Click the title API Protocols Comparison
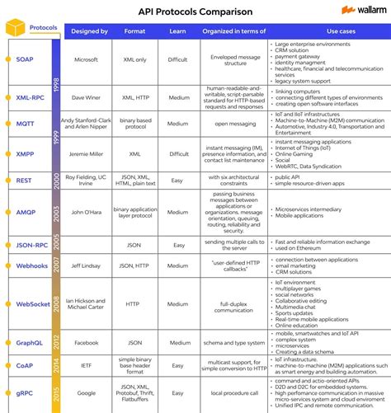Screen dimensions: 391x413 pos(195,11)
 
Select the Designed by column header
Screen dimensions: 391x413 pos(89,31)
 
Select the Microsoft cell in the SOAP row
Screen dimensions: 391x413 pos(89,60)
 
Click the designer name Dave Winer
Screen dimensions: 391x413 pos(89,97)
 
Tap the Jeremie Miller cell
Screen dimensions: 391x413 pos(89,153)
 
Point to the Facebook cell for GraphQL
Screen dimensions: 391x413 pos(89,342)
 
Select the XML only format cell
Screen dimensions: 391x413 pos(135,60)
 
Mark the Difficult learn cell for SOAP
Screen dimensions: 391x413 pos(178,60)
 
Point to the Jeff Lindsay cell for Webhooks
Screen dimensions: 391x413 pos(89,266)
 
